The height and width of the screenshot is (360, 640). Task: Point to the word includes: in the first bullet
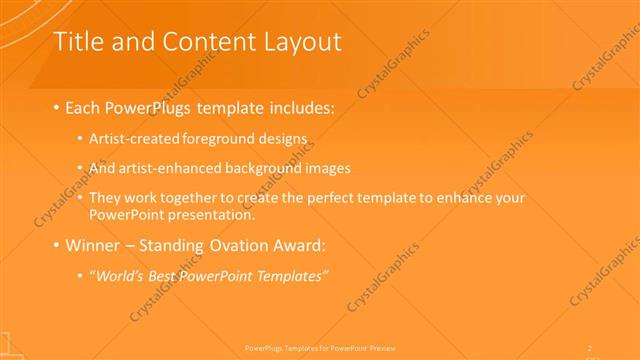pos(298,106)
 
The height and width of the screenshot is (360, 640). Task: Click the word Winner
pos(95,245)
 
